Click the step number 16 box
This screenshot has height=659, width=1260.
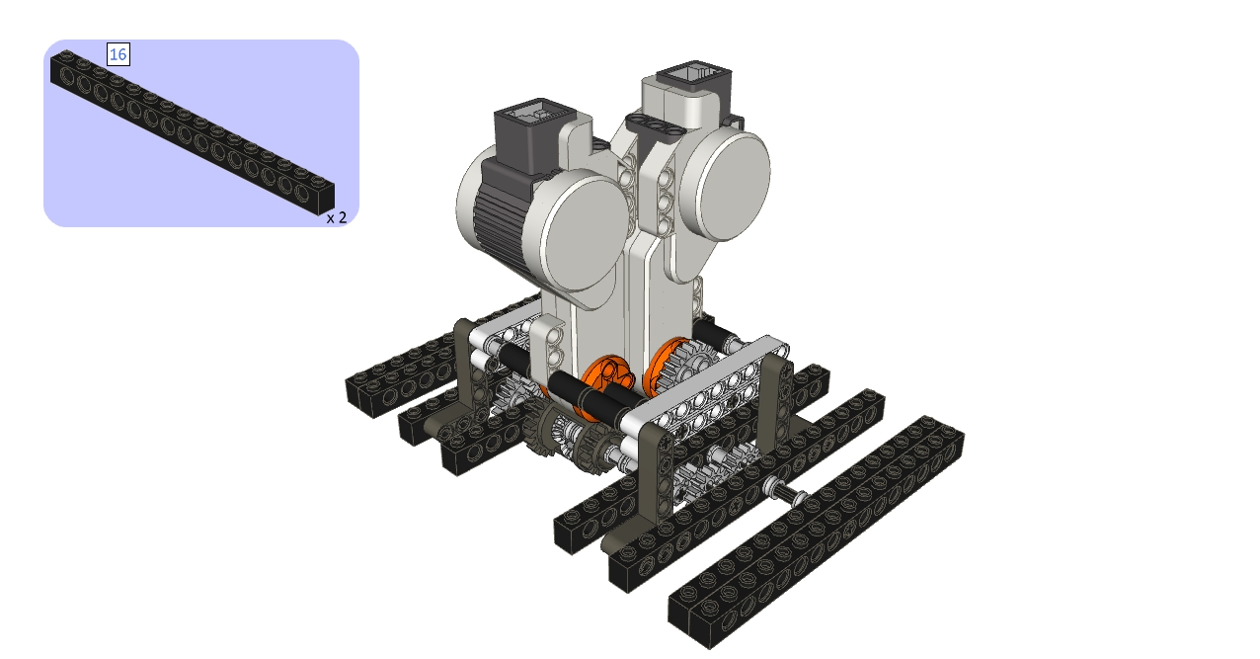pyautogui.click(x=118, y=54)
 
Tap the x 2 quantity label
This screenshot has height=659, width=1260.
pyautogui.click(x=337, y=217)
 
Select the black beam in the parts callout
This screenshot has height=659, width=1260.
pyautogui.click(x=193, y=133)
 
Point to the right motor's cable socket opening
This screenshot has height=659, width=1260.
pyautogui.click(x=693, y=75)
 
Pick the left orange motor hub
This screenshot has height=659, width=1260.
pyautogui.click(x=606, y=382)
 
